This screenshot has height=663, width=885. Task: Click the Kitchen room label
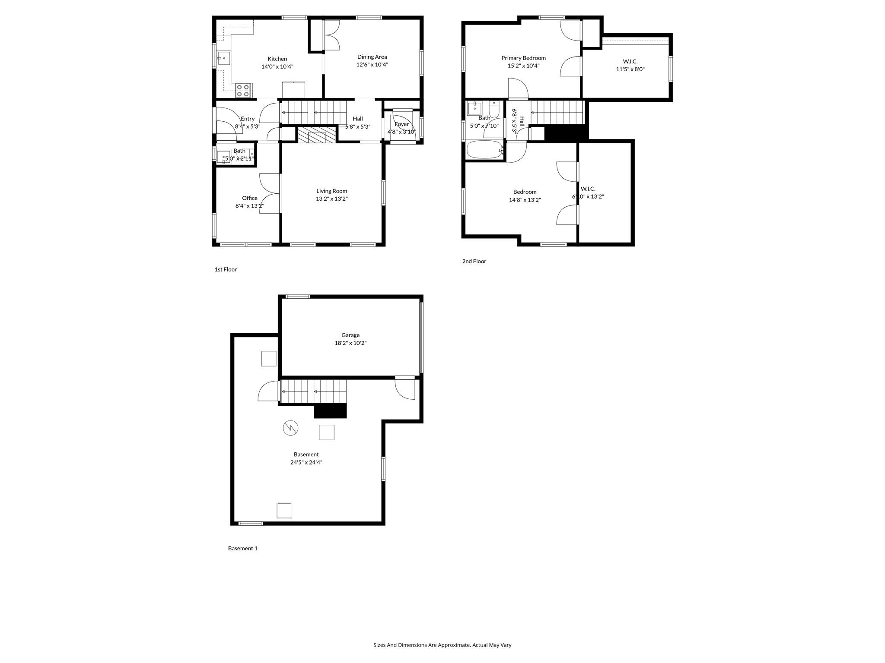pos(277,59)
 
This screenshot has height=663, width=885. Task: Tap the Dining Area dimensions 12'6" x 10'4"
pos(372,65)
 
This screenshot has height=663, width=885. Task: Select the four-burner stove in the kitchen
pos(243,90)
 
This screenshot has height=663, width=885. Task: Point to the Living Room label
pos(331,191)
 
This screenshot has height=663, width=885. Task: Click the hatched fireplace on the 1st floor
pos(317,135)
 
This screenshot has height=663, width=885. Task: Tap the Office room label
pos(249,198)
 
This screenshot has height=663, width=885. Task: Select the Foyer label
pos(401,124)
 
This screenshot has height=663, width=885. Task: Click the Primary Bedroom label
pos(523,58)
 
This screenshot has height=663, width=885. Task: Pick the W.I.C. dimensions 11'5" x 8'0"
pos(630,69)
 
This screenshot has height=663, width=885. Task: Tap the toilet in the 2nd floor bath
pos(494,110)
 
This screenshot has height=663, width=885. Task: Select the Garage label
pos(350,335)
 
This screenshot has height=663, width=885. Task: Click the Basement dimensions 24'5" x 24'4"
pos(306,462)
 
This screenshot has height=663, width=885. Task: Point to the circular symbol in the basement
pos(290,428)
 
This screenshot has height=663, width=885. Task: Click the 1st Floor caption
pos(226,269)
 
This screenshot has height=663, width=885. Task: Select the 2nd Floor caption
pos(474,261)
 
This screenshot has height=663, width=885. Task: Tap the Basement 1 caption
pos(242,548)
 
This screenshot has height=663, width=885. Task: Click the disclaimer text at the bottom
pos(442,645)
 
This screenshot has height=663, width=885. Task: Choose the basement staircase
pos(313,391)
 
